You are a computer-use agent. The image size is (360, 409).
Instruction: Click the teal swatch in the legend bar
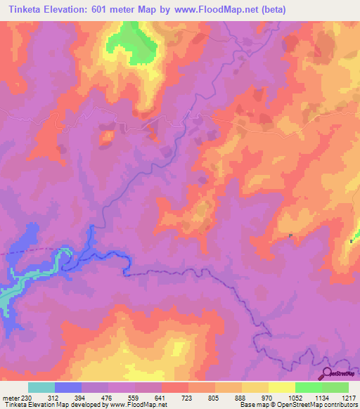click(41, 387)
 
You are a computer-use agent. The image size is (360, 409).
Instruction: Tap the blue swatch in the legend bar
click(68, 387)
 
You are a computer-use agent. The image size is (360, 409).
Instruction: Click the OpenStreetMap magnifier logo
click(328, 374)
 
